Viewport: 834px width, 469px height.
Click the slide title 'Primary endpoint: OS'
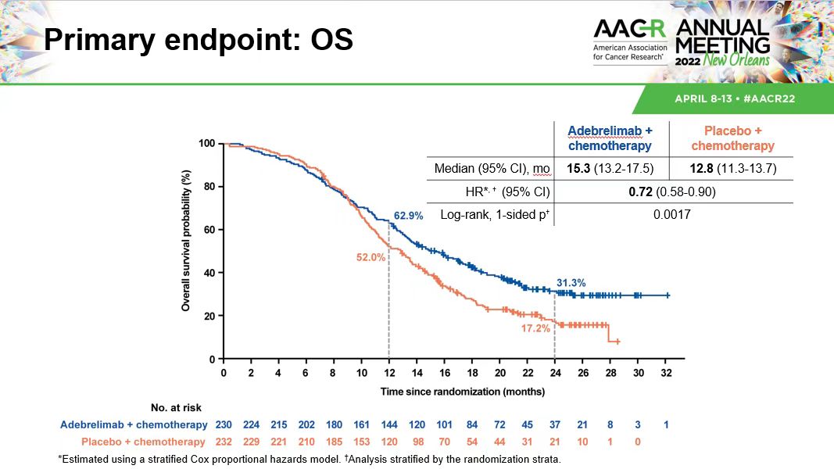[198, 40]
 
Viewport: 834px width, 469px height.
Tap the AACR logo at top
[630, 41]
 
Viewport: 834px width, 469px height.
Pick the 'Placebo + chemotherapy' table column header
[732, 139]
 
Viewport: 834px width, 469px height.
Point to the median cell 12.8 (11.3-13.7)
[732, 169]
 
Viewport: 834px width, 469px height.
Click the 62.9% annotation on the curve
[407, 215]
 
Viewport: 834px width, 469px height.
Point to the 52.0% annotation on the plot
[371, 257]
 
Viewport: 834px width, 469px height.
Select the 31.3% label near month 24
[571, 282]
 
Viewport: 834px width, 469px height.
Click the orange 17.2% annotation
[536, 329]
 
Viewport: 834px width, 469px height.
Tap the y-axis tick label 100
[206, 144]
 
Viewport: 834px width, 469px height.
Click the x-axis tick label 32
[666, 373]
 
